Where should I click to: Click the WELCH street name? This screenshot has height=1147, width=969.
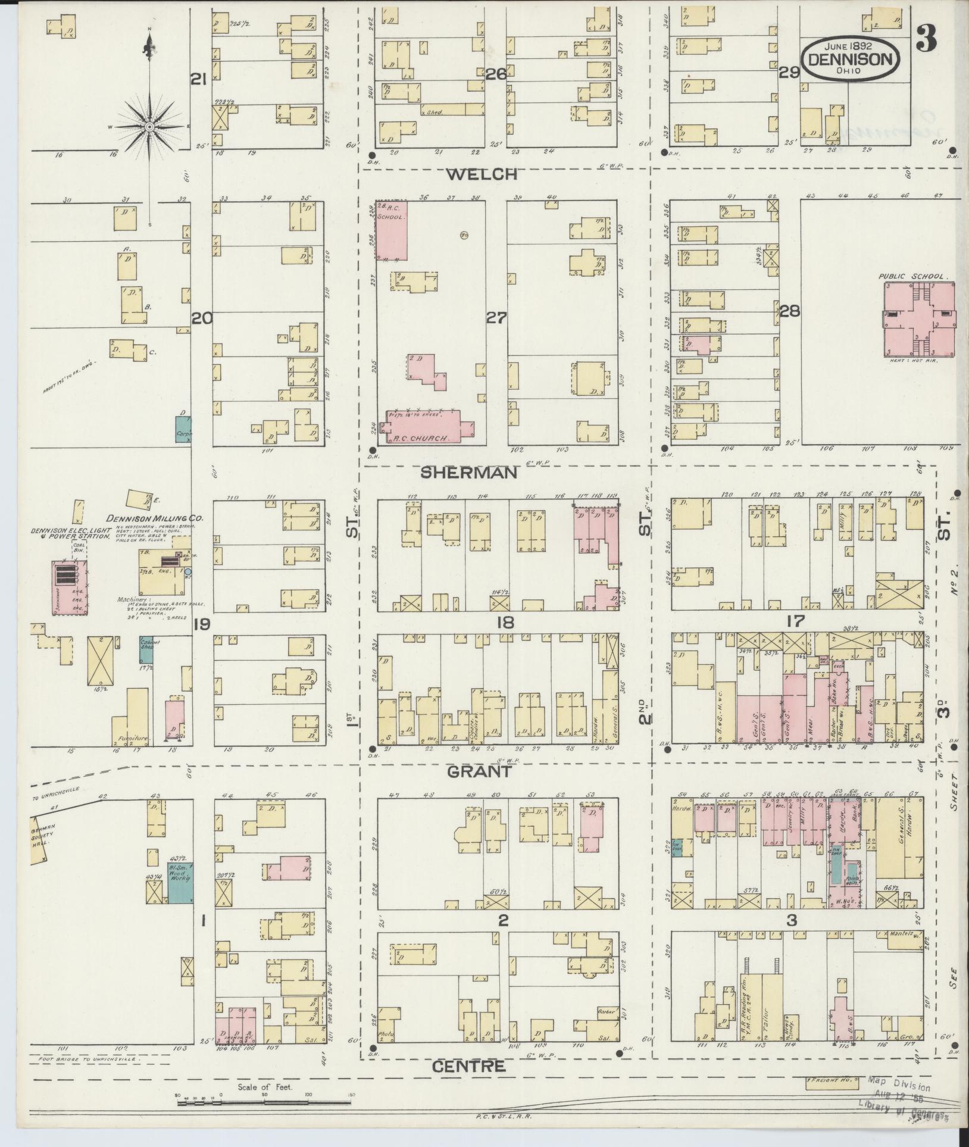coord(482,174)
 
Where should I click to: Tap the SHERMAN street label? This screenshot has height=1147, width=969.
coord(470,473)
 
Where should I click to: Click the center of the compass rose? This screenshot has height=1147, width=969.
coord(149,127)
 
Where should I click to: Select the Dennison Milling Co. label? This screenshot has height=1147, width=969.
coord(154,518)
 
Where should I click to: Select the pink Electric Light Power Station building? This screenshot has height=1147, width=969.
coord(70,587)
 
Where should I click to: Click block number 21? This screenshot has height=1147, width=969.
coord(198,79)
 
